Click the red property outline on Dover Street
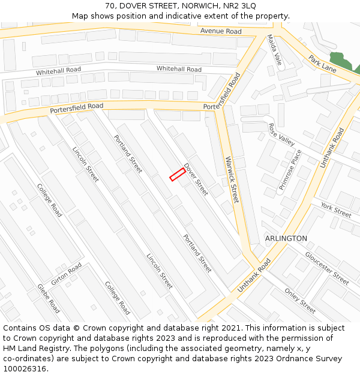[177, 174]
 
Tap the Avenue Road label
[221, 31]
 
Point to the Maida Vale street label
[274, 50]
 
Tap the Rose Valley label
[281, 135]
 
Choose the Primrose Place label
[290, 170]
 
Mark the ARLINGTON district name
[286, 238]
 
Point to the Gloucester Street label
[326, 268]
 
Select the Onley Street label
[300, 301]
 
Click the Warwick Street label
[232, 179]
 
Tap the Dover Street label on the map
[196, 179]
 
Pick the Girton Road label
[67, 274]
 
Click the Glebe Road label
[49, 298]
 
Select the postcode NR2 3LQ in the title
[236, 5]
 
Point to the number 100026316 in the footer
[25, 368]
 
